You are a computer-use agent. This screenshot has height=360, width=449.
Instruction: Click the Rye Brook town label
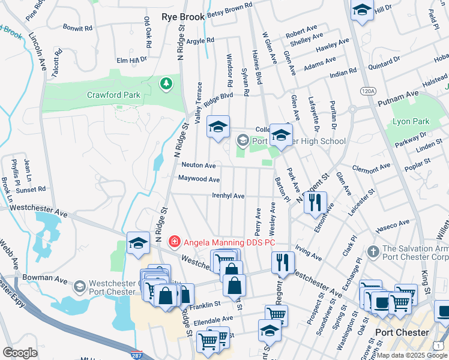(x=183, y=17)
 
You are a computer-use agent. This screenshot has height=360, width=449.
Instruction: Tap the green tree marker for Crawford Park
(x=166, y=85)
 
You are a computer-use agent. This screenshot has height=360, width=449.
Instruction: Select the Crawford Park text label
(x=113, y=95)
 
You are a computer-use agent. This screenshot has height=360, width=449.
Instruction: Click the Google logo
(x=20, y=353)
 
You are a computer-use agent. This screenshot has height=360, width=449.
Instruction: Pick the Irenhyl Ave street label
(x=228, y=196)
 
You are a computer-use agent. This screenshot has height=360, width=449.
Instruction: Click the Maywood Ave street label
(x=199, y=179)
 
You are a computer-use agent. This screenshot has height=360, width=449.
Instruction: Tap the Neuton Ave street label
(x=198, y=165)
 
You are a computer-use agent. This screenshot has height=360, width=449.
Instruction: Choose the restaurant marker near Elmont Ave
(x=315, y=202)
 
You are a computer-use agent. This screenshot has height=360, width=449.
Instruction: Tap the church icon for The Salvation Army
(x=373, y=250)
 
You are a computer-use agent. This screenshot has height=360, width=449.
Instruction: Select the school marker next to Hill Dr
(x=362, y=10)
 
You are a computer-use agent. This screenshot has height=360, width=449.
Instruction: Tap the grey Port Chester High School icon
(x=243, y=141)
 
